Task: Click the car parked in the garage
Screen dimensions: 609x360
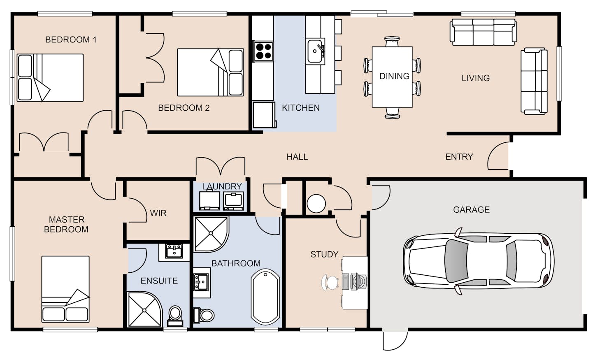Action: click(479, 261)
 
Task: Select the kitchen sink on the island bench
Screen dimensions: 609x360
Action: click(315, 51)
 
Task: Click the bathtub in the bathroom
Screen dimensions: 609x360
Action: click(266, 297)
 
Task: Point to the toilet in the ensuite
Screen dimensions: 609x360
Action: click(175, 316)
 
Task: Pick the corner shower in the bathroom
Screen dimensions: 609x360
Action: click(211, 234)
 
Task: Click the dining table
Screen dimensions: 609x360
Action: click(392, 77)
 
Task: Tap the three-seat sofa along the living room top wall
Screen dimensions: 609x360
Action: click(483, 32)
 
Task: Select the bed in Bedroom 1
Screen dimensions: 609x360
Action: click(50, 78)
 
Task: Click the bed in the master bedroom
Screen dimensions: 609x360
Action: click(65, 289)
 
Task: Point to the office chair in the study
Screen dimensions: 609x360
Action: click(330, 283)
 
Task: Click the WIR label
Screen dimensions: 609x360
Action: click(158, 213)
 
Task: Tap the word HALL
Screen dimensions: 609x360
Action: click(297, 157)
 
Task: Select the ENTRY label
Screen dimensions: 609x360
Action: click(459, 157)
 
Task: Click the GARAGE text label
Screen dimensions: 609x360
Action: click(472, 210)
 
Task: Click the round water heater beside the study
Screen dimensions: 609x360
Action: click(316, 203)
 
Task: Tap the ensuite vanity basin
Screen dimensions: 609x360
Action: click(174, 251)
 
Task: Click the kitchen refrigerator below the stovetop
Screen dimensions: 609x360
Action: click(264, 115)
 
